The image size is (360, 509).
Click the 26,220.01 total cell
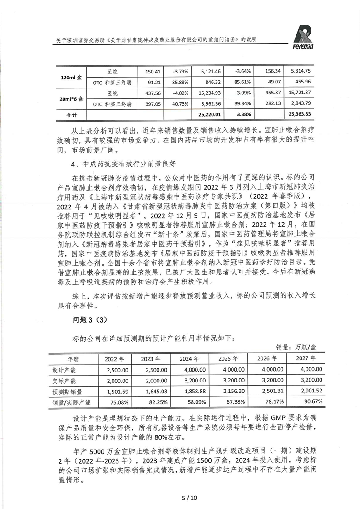coord(209,115)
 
